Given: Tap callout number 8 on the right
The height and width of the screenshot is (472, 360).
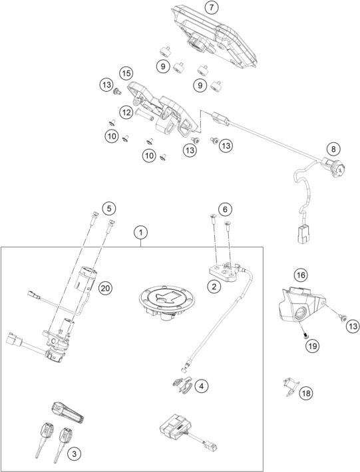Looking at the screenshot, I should point(334,149).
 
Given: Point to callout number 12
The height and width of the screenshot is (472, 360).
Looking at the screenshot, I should point(126,112).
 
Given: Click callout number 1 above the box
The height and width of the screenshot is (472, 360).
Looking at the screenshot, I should point(140,233).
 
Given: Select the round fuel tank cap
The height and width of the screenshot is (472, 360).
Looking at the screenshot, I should point(164,305).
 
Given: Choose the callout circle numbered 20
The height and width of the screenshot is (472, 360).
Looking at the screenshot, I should point(104,288).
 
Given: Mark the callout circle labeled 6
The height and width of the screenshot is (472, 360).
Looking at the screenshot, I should point(226,209).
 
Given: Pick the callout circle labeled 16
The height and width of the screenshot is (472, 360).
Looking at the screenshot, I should point(301,275).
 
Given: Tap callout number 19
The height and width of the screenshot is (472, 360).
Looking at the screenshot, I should point(310,345).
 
